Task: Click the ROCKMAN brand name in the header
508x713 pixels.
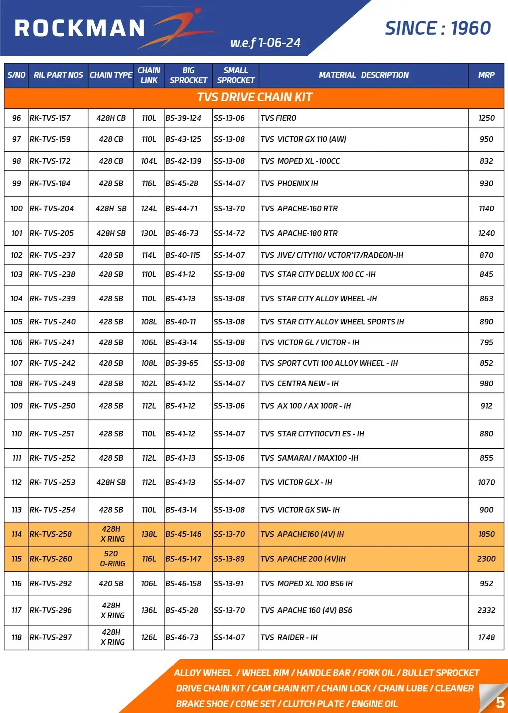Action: [80, 28]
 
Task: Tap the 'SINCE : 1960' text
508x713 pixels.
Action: [437, 28]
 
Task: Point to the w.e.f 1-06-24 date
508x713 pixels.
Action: [265, 43]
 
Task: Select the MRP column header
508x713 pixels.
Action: [486, 75]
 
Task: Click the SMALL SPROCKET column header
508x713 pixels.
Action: [235, 75]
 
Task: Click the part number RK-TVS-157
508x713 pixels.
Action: [50, 118]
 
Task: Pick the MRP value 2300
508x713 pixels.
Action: [486, 559]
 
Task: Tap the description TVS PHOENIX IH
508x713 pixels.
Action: [289, 183]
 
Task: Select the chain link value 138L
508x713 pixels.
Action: [149, 534]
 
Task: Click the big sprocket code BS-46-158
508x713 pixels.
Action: [183, 583]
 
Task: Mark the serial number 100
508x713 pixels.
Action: [16, 208]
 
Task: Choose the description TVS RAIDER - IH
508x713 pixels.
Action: [289, 637]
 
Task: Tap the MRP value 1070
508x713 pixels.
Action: [486, 482]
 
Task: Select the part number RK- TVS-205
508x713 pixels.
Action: [52, 233]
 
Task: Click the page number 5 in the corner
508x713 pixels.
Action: [500, 702]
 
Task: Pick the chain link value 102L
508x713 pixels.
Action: [149, 383]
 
